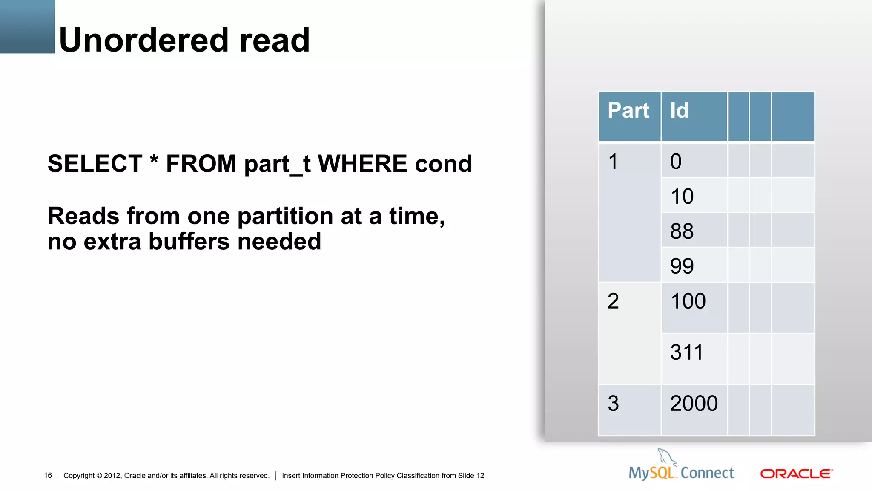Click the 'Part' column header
tap(628, 110)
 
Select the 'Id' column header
tap(679, 110)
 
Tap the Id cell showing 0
tap(676, 162)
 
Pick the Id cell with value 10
tap(682, 196)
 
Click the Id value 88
tap(682, 231)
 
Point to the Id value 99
tap(682, 266)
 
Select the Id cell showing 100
tap(688, 301)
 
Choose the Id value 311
tap(686, 352)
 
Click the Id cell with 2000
tap(694, 404)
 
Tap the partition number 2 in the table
tap(613, 301)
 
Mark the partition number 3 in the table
tap(613, 404)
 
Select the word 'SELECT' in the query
tap(95, 164)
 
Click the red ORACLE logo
tap(796, 474)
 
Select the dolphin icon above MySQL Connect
tap(666, 456)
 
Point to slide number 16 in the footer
tap(48, 476)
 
